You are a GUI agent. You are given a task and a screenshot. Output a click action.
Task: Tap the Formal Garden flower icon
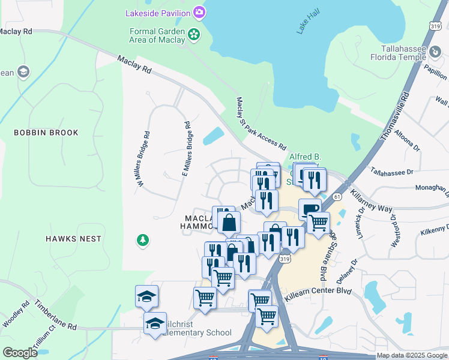click(x=194, y=35)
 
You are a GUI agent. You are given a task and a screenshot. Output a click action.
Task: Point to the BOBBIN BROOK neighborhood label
click(x=46, y=133)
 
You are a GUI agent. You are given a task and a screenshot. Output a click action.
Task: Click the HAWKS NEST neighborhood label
click(x=74, y=238)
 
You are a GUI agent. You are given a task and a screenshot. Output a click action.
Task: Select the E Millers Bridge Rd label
click(x=187, y=149)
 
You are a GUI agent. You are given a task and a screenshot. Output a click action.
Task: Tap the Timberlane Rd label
click(x=55, y=316)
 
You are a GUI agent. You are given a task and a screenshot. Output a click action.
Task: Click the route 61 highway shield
click(x=337, y=196)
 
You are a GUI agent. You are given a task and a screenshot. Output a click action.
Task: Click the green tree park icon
click(x=142, y=241)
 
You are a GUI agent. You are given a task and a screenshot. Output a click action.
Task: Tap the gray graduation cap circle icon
click(x=23, y=73)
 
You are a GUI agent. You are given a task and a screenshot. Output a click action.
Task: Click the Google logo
click(x=20, y=353)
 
